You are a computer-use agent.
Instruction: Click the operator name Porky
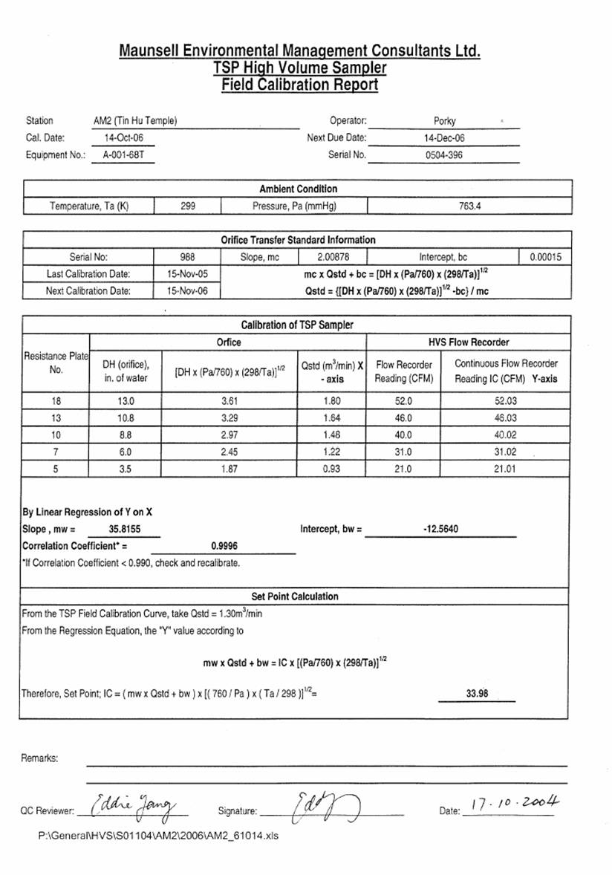pyautogui.click(x=444, y=120)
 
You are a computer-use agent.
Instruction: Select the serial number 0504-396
pyautogui.click(x=445, y=155)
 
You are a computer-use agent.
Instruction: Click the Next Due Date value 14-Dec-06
pyautogui.click(x=445, y=137)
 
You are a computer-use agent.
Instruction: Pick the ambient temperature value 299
pyautogui.click(x=188, y=206)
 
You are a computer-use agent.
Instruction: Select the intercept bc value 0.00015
pyautogui.click(x=546, y=258)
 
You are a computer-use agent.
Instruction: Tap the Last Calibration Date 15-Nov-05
pyautogui.click(x=188, y=274)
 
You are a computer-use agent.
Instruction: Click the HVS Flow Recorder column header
pyautogui.click(x=468, y=342)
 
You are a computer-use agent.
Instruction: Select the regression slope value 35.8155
pyautogui.click(x=123, y=530)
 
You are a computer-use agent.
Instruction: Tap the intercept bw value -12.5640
pyautogui.click(x=440, y=530)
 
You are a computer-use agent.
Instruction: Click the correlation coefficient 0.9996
pyautogui.click(x=224, y=547)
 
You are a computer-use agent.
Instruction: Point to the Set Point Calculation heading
pyautogui.click(x=295, y=596)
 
